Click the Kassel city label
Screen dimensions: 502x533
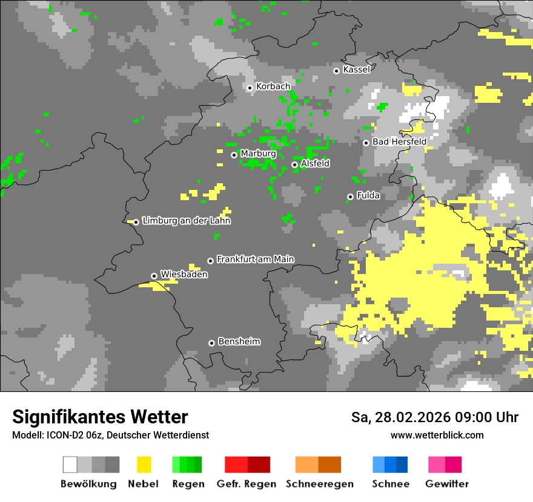click(356, 70)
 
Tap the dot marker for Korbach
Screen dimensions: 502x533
click(250, 88)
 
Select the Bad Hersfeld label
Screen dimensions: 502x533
click(399, 142)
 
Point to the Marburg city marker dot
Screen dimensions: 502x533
click(234, 155)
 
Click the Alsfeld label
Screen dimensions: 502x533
click(315, 163)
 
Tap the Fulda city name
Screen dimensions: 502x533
click(368, 195)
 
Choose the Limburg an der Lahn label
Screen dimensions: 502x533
click(187, 221)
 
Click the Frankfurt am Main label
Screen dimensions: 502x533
click(255, 259)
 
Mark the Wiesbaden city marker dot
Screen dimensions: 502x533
click(154, 276)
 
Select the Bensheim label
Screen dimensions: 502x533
click(239, 342)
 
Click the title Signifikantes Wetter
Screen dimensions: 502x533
click(100, 417)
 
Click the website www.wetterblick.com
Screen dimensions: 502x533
click(437, 435)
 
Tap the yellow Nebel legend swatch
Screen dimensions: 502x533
click(144, 465)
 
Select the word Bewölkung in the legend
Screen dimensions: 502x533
click(88, 484)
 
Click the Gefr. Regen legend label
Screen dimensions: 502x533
click(246, 484)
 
